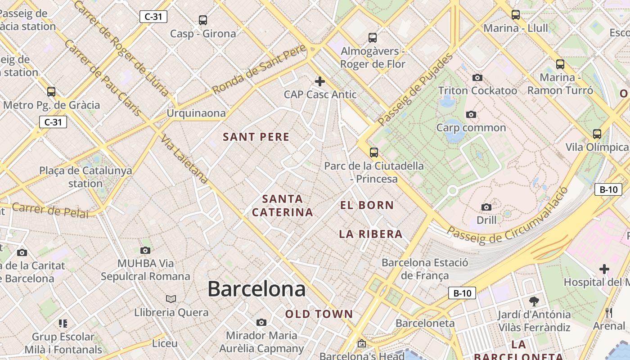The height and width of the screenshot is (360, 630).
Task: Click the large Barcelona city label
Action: (256, 289)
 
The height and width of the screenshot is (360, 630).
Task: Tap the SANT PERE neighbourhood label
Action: (256, 137)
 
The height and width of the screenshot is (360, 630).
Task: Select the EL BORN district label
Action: (367, 205)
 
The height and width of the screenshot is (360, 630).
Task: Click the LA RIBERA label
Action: (370, 234)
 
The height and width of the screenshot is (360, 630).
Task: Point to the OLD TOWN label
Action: (319, 314)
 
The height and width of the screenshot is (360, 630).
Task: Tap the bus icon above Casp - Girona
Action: (203, 20)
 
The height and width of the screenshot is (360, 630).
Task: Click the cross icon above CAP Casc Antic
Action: (320, 81)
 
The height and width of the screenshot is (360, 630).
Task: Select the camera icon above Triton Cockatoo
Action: (477, 78)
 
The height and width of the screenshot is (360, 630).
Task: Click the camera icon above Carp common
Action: (471, 115)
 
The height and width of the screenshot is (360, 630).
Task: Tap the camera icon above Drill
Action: (486, 207)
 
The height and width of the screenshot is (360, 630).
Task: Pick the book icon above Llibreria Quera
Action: (171, 299)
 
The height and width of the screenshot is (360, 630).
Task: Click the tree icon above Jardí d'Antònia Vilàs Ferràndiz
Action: (534, 301)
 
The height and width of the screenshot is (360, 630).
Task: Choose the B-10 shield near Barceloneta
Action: (462, 293)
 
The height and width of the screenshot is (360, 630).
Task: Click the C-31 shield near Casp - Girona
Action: (153, 17)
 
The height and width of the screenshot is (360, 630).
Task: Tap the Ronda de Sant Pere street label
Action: (259, 69)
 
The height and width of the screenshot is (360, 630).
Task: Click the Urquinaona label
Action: (196, 113)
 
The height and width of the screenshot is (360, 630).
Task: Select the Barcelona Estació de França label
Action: (425, 269)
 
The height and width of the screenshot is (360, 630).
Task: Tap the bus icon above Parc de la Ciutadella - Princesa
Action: (374, 153)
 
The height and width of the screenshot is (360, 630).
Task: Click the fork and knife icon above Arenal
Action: (609, 312)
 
